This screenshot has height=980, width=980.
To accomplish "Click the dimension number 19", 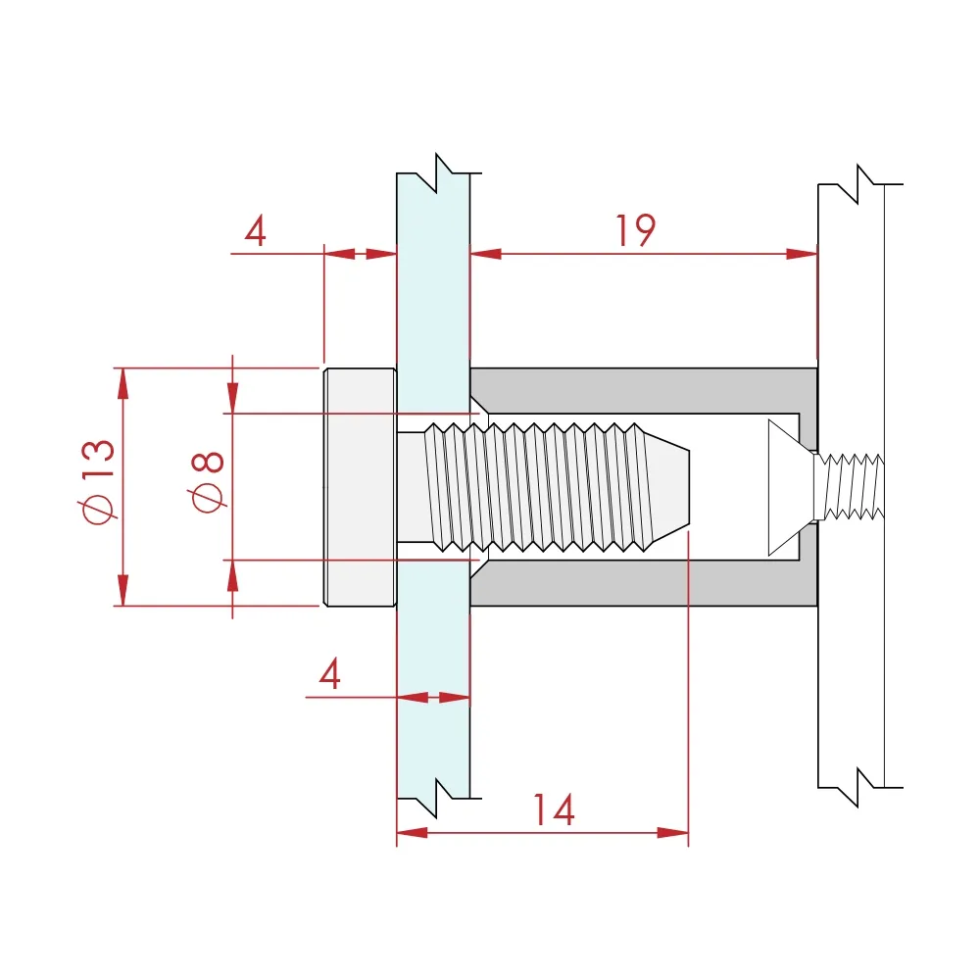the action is (x=636, y=230).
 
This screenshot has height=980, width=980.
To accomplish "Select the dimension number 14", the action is (x=553, y=810).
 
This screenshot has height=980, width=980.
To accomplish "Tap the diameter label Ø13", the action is (x=98, y=481).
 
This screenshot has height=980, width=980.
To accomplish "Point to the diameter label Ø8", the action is (x=206, y=482).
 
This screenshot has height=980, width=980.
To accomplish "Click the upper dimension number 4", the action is (x=255, y=230).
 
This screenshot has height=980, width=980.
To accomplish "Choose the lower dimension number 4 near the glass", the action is (x=329, y=673).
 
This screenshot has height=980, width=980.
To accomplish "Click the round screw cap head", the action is (x=360, y=487).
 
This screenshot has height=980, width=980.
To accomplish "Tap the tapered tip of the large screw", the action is (x=668, y=487).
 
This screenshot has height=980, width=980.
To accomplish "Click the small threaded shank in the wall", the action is (x=850, y=487).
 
